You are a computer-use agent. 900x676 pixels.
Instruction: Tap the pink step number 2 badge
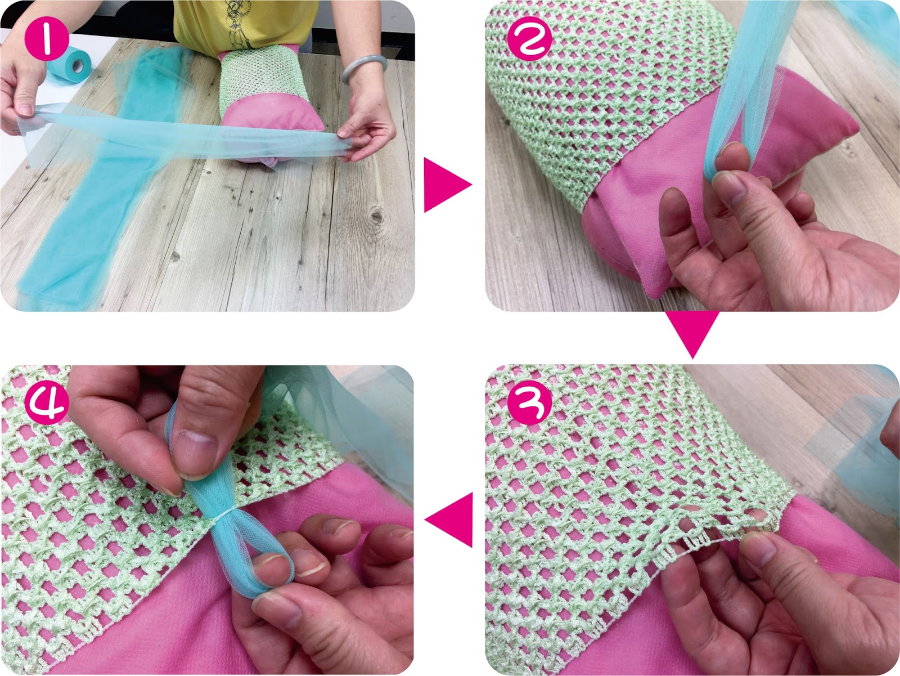click(x=529, y=38)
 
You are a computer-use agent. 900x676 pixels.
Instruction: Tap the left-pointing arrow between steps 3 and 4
click(x=449, y=520)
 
